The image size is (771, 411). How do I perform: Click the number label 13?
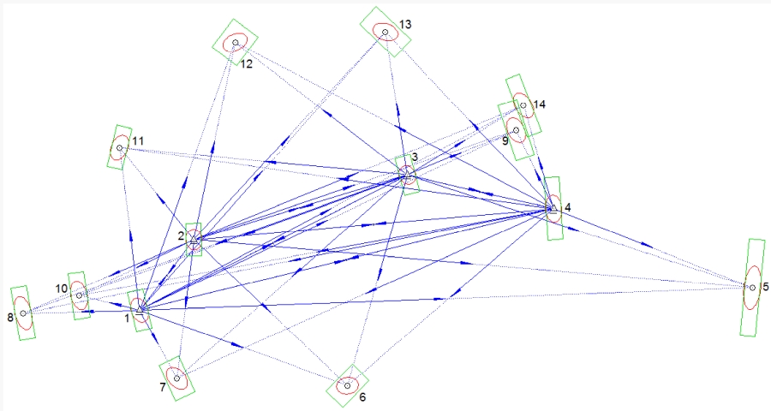point(405,25)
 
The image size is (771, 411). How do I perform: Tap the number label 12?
point(246,63)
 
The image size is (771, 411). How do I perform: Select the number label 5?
point(765,287)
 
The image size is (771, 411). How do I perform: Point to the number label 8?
point(10,318)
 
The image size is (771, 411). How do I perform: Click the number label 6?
point(362,397)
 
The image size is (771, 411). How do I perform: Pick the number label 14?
point(539,104)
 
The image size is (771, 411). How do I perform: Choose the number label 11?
point(138,140)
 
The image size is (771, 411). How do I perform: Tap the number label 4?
point(567,207)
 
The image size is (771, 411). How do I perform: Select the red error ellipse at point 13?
point(385,32)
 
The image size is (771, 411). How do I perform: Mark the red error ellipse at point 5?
point(752,287)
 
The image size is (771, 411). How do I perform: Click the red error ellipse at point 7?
point(176,377)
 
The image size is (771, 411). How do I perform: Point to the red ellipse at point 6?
point(347,385)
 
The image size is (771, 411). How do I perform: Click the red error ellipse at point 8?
point(23,313)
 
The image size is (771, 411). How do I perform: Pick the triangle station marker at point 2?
point(194,243)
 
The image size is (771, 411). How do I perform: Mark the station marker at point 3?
point(407,176)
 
